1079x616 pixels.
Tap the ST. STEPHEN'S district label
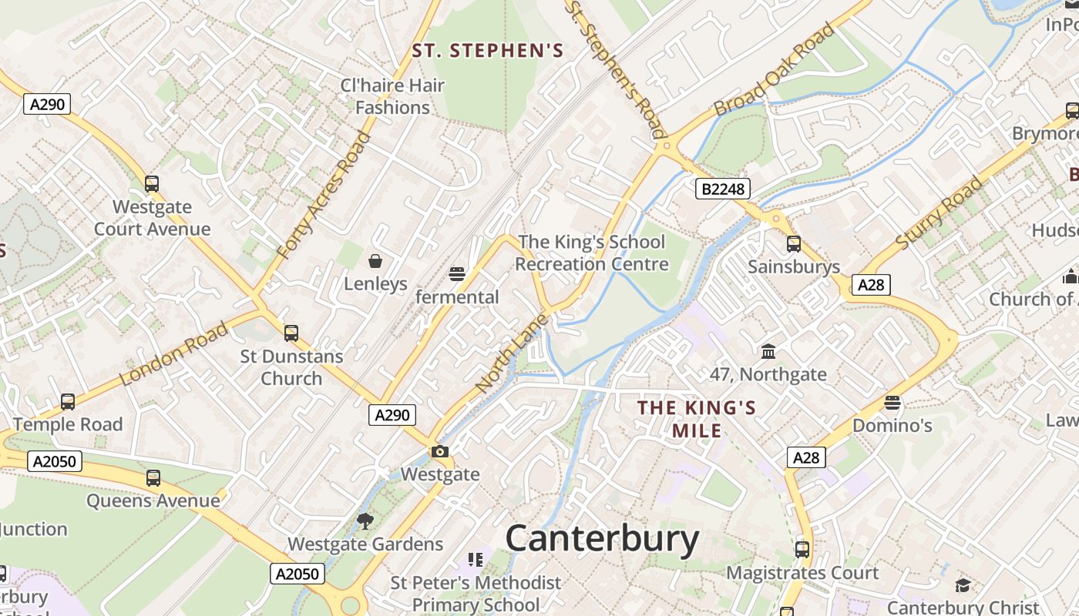[487, 51]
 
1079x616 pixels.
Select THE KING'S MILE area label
[697, 418]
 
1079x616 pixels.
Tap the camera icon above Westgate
[440, 451]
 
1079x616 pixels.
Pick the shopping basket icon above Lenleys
[375, 261]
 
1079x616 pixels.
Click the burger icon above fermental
[457, 274]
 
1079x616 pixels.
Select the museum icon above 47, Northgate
[768, 352]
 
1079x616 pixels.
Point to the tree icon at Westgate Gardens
[365, 521]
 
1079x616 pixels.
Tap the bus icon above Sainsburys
[794, 244]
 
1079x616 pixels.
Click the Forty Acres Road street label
[324, 196]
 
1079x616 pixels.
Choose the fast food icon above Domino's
[892, 403]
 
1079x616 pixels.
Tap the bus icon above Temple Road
[68, 402]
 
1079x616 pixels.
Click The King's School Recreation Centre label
[591, 253]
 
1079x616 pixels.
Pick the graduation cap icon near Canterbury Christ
[963, 585]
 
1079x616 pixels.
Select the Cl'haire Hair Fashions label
[392, 96]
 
